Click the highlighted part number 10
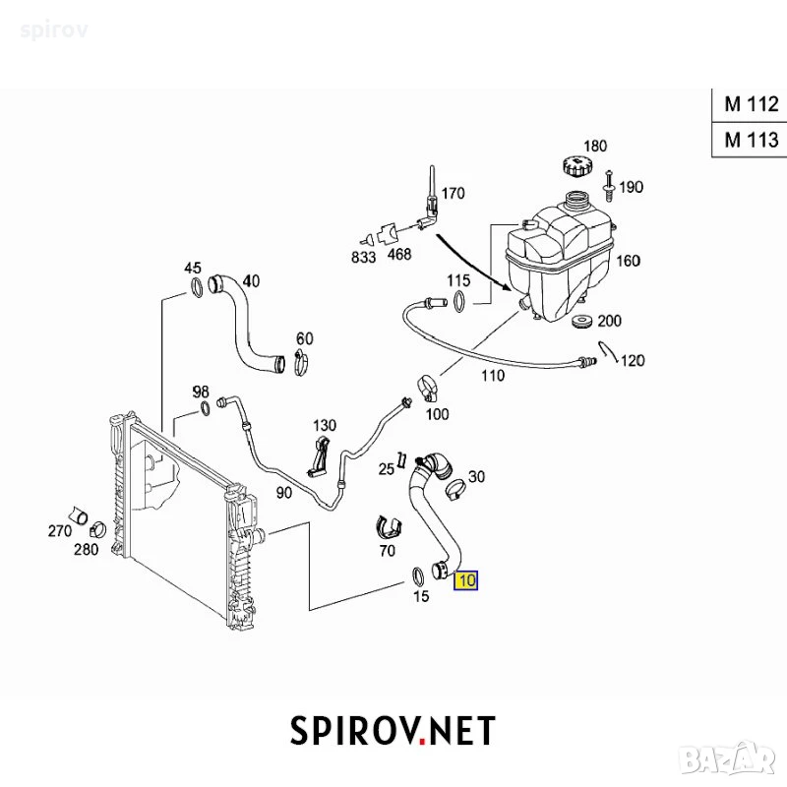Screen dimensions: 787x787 click(x=465, y=580)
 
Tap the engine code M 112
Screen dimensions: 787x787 click(x=752, y=104)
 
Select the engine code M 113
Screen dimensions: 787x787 click(x=752, y=139)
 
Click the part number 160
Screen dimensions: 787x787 click(x=628, y=261)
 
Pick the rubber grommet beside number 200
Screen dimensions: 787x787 click(x=582, y=322)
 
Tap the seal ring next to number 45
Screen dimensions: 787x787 click(x=196, y=287)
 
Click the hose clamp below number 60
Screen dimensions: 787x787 click(x=301, y=362)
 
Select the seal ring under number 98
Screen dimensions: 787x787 click(x=206, y=408)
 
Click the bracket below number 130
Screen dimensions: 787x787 click(x=318, y=456)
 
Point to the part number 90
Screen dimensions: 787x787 click(x=284, y=493)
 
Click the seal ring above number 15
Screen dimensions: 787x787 click(x=417, y=576)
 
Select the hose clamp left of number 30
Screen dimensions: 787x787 click(x=455, y=488)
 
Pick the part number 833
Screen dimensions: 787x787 click(x=363, y=257)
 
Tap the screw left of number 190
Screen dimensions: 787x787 click(x=609, y=186)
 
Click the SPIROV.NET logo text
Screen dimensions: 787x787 click(x=393, y=730)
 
